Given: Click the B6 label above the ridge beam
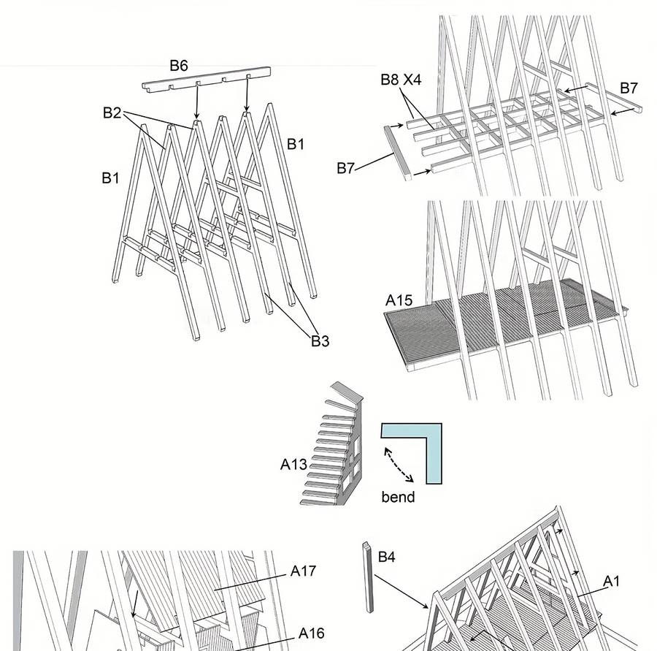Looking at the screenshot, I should click(179, 66).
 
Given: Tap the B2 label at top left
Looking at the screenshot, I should click(112, 113).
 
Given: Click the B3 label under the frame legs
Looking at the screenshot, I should click(320, 341).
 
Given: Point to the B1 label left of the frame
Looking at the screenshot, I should click(110, 178).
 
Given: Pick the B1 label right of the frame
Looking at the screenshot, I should click(295, 144).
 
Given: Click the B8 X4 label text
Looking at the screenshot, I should click(401, 80).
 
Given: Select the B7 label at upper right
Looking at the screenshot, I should click(629, 88).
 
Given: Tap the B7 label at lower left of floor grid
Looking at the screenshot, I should click(345, 169).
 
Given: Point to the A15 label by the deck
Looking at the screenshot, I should click(399, 300).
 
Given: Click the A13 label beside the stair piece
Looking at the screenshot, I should click(293, 463).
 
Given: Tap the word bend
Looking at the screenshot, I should click(398, 497).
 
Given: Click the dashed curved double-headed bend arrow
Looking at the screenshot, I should click(399, 465).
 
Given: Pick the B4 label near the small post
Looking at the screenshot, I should click(386, 557).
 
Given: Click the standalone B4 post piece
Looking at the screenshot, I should click(367, 577).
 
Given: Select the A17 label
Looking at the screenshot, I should click(303, 570).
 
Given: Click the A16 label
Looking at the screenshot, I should click(311, 633).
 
